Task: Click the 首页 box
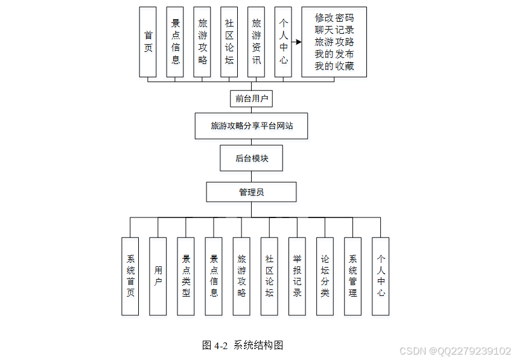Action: tap(148, 42)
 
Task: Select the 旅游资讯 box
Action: tap(256, 42)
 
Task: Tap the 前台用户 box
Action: tap(252, 98)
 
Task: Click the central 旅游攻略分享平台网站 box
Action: tap(252, 126)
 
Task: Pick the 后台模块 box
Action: tap(252, 158)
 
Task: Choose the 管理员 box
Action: tap(252, 192)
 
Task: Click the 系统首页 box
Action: tap(130, 276)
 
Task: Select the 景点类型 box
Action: tap(186, 276)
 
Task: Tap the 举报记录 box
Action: tap(297, 276)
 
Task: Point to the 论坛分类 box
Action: tap(325, 276)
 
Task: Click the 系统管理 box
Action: tap(353, 276)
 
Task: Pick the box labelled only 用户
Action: tap(158, 276)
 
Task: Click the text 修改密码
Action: tap(334, 18)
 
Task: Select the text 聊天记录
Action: tap(334, 30)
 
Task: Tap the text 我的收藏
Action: tap(334, 66)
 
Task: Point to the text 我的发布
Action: tap(334, 54)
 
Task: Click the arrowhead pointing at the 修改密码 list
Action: tap(298, 42)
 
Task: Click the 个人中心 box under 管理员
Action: tap(381, 276)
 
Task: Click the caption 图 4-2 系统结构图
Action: tap(243, 346)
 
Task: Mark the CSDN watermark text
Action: tap(456, 351)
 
